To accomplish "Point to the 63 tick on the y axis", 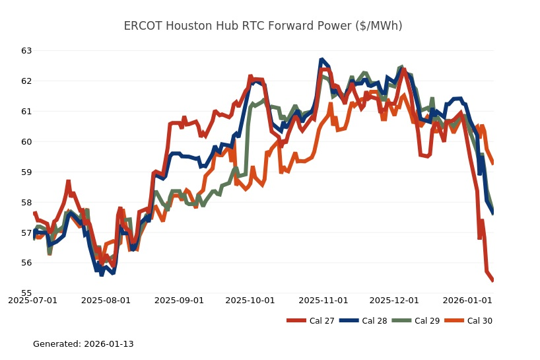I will coord(26,51).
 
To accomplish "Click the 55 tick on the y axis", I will coord(26,293).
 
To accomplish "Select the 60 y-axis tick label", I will coord(26,142).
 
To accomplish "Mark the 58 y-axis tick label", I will coord(26,202).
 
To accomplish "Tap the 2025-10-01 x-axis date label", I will coord(250,301).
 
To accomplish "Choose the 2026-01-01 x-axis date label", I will coord(467,301).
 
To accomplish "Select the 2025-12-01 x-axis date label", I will coord(394,301).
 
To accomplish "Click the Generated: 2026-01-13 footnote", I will coord(83,344).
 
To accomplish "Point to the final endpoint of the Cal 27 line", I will coord(493,281).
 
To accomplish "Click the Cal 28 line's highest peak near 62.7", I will coord(321,59).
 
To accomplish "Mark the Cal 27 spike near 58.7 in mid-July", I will coord(68,181).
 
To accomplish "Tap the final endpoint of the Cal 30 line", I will coord(493,164).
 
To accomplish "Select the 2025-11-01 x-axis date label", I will coord(323,301).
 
